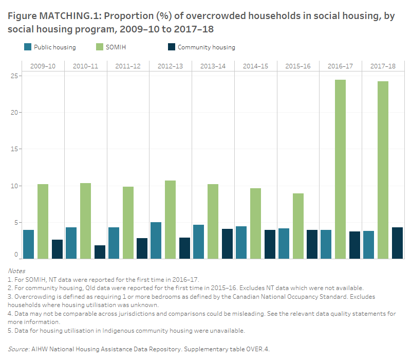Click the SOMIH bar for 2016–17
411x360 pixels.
tap(340, 169)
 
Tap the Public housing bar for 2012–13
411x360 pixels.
tap(156, 240)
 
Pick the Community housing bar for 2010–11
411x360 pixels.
tap(100, 252)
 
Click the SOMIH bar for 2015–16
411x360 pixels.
tap(298, 226)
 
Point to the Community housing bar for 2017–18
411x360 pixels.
tap(397, 243)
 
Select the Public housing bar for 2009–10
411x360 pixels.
tap(28, 244)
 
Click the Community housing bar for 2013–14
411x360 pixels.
tap(227, 244)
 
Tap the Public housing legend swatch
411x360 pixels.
tap(28, 47)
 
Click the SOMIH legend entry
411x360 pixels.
tap(113, 47)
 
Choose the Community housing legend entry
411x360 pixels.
tap(206, 47)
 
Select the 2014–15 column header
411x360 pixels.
tap(256, 66)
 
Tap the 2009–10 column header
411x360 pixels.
tap(43, 66)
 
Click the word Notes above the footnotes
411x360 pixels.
tap(17, 271)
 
